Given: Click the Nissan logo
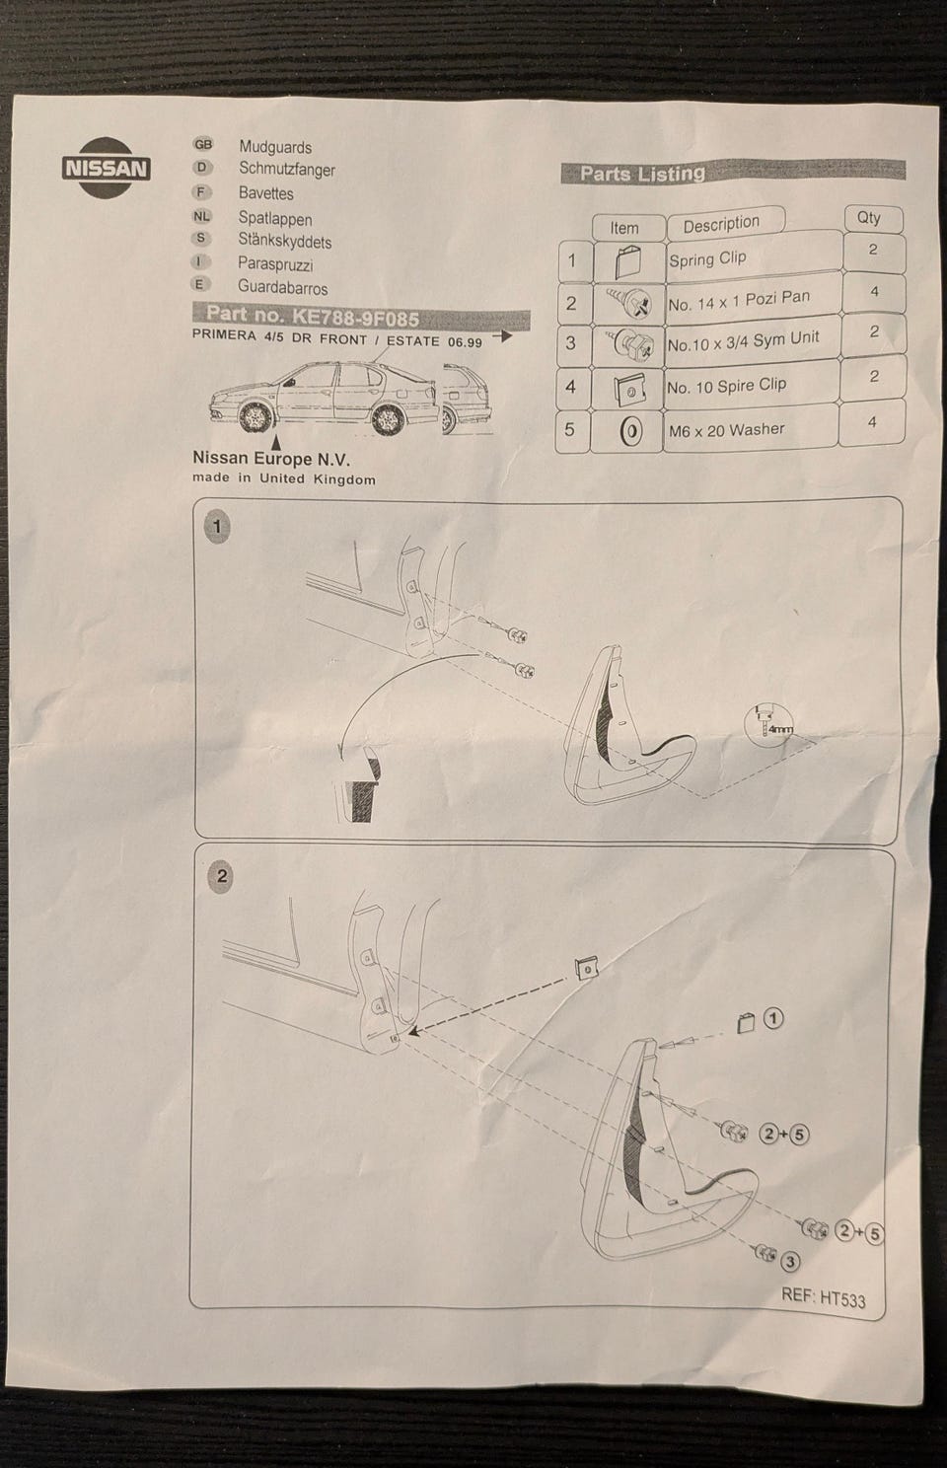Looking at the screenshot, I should (x=106, y=167).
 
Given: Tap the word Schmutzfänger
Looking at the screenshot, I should (x=286, y=170).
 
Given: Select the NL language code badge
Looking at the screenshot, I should (x=201, y=216).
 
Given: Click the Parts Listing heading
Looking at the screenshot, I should (x=642, y=174).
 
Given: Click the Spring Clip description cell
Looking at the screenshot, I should (x=708, y=259).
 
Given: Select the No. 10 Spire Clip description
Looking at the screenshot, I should (x=726, y=386).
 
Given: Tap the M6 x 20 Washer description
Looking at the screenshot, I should (x=726, y=430).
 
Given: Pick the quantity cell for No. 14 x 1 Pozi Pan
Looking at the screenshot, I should (x=873, y=292).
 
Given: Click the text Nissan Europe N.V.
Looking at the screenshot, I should (x=271, y=459).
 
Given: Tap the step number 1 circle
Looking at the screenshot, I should (x=217, y=527).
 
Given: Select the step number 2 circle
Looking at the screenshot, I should (x=221, y=875).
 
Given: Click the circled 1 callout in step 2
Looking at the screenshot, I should (x=773, y=1018).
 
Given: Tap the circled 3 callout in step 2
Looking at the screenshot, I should (x=790, y=1260).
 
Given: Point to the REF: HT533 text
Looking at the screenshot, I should (x=823, y=1296).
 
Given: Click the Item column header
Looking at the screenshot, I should (x=623, y=228).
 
